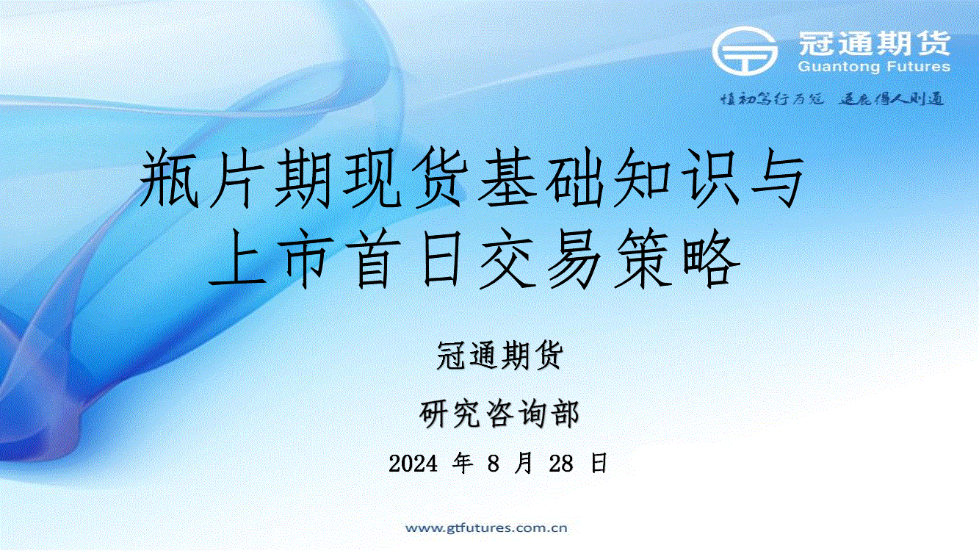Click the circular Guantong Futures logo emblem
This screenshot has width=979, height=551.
(x=745, y=51)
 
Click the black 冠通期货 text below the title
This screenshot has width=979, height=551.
(x=499, y=355)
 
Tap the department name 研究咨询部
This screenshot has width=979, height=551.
(x=499, y=413)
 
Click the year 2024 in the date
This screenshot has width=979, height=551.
(x=413, y=464)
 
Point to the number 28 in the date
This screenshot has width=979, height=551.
(x=561, y=464)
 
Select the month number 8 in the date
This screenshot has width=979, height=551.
(x=494, y=464)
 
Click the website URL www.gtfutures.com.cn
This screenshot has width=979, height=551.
(x=486, y=527)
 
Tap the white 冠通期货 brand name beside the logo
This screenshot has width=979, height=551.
(x=875, y=43)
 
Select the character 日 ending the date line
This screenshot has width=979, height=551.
(x=599, y=463)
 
